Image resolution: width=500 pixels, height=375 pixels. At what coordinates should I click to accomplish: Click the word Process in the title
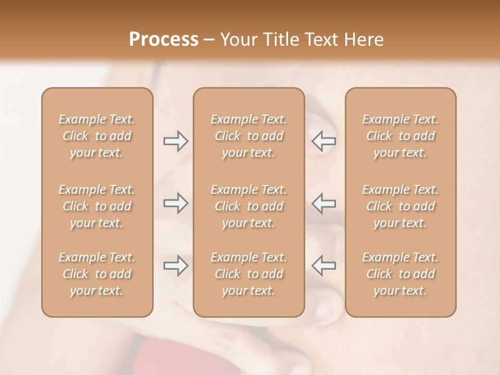click(164, 40)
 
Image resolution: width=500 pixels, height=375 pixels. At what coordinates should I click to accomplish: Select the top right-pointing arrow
click(176, 141)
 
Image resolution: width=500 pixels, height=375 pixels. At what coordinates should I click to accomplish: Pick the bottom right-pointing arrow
click(176, 266)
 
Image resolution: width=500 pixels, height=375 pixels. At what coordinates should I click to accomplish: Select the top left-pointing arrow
click(323, 141)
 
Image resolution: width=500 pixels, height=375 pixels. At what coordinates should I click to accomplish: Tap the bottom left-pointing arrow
click(323, 266)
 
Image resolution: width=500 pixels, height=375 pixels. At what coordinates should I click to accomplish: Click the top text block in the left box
click(97, 136)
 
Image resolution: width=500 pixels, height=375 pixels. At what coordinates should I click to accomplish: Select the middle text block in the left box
click(97, 206)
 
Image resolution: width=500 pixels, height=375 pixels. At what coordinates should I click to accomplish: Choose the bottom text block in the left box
click(97, 274)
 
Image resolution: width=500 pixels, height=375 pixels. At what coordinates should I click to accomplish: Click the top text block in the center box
click(248, 136)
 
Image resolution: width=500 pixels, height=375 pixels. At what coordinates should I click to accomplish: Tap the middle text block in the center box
click(248, 206)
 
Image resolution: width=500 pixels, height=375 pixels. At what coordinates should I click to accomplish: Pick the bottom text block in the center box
click(248, 274)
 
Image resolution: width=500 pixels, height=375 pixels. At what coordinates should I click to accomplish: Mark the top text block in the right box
click(400, 136)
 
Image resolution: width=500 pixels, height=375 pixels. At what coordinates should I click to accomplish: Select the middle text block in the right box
click(400, 206)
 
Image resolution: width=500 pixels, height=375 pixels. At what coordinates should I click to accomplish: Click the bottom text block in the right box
click(400, 274)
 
